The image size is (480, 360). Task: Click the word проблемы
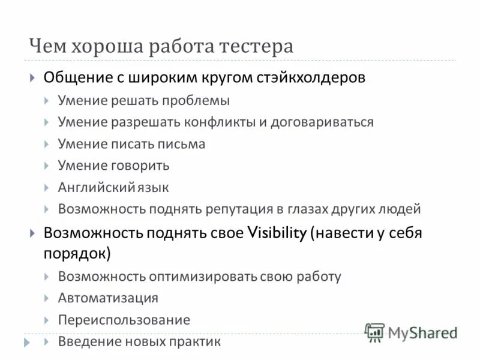[198, 100]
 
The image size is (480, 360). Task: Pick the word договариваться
[322, 122]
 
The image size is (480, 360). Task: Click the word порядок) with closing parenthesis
[77, 253]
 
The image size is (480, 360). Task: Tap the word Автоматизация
[108, 298]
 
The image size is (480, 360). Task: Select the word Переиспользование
[124, 320]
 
